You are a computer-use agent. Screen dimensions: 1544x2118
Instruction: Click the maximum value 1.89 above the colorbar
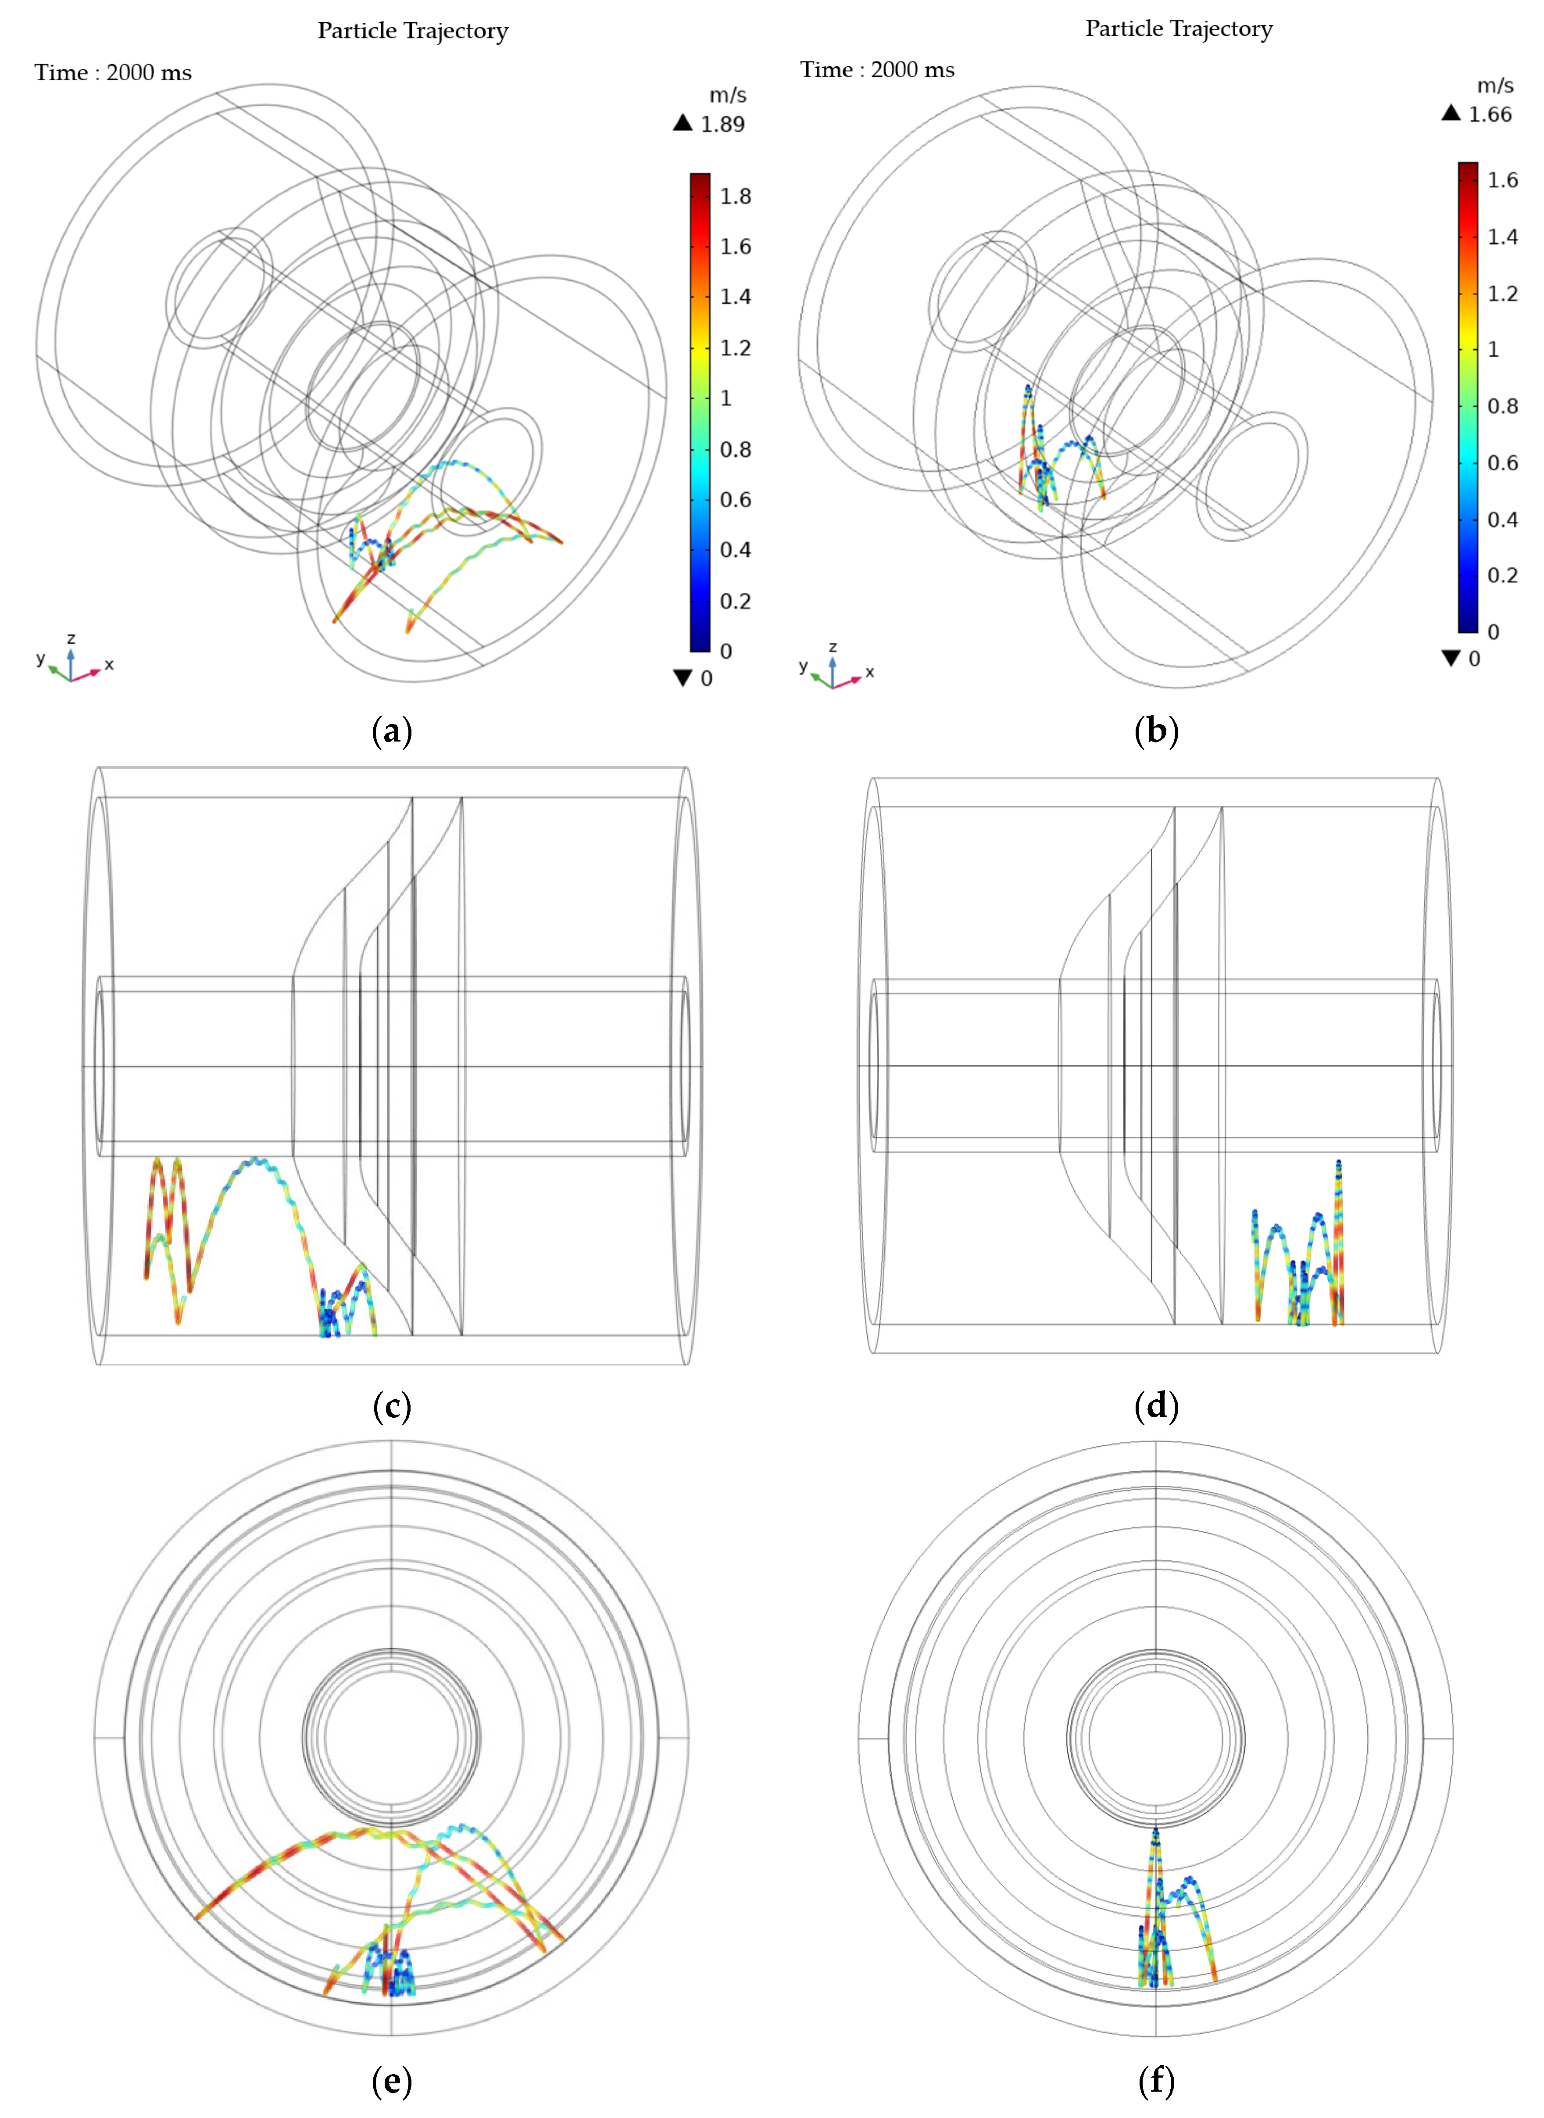click(722, 124)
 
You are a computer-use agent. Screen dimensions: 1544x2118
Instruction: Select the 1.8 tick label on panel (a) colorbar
click(736, 196)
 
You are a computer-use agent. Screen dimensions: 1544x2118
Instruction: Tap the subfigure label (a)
click(392, 731)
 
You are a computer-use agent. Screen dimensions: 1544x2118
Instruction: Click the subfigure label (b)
click(1156, 731)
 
